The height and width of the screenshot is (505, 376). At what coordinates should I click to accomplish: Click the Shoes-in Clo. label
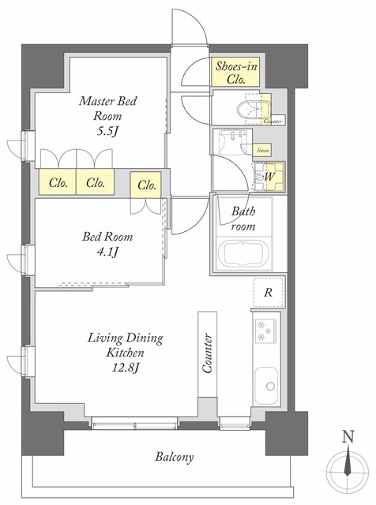click(236, 73)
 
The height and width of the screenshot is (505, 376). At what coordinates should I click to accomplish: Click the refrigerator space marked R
click(269, 292)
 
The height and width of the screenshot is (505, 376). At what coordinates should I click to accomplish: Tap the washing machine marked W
click(269, 177)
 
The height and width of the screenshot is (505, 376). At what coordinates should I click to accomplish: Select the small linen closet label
click(262, 151)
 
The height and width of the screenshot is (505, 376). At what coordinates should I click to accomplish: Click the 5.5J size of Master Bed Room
click(107, 132)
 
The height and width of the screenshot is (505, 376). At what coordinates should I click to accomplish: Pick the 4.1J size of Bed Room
click(107, 252)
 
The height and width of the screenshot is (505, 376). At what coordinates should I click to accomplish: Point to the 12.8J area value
click(125, 368)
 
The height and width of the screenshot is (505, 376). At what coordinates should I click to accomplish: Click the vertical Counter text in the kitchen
click(207, 353)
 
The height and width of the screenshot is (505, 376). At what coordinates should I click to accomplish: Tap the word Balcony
click(175, 457)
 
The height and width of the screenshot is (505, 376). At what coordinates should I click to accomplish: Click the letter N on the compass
click(348, 437)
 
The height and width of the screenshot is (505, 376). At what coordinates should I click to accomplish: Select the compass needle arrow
click(348, 463)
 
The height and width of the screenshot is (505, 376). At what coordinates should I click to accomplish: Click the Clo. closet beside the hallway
click(146, 185)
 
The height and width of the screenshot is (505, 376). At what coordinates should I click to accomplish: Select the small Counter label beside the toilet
click(273, 122)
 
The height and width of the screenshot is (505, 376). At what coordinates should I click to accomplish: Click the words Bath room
click(243, 219)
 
